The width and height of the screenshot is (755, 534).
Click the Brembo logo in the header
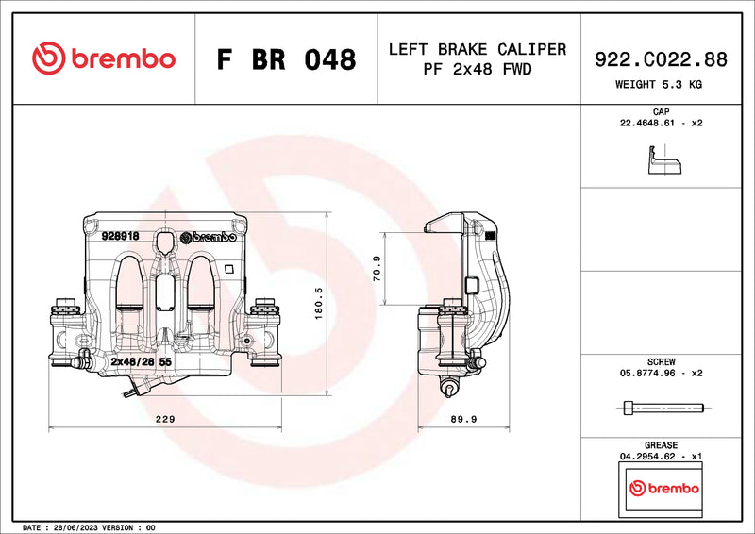tap(103, 58)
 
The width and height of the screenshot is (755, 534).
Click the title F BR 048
tap(286, 59)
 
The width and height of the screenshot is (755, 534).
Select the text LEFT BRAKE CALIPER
tap(478, 49)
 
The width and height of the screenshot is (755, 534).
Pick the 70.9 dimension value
tap(377, 268)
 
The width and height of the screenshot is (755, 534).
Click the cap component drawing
tap(664, 165)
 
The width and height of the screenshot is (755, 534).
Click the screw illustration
tap(664, 408)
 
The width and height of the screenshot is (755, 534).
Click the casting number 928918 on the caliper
tap(121, 236)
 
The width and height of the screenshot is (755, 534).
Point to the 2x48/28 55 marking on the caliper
tap(141, 361)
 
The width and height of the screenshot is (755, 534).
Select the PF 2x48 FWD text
tap(478, 69)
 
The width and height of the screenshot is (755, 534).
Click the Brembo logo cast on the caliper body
tap(208, 237)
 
